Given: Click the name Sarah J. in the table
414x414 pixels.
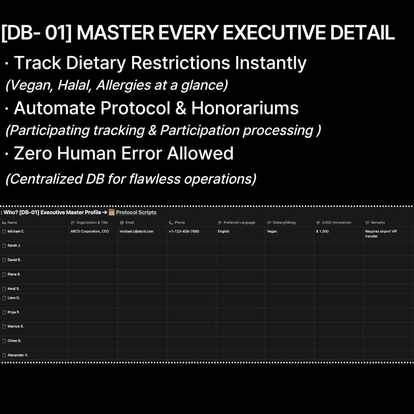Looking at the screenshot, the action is [x=14, y=246].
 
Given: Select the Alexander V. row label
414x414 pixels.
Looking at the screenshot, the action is [x=18, y=355].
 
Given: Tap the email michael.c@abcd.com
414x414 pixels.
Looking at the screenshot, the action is [x=136, y=231].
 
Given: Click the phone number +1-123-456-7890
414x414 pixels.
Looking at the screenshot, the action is [x=184, y=231].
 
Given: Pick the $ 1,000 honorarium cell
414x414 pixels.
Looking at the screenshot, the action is [x=323, y=231].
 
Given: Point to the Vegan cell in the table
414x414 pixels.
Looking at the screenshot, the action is [x=272, y=231].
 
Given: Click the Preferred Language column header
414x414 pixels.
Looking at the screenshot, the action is [x=239, y=222].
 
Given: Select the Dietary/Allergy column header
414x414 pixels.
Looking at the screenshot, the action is [x=284, y=222].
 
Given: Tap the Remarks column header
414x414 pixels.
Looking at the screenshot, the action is [x=378, y=222].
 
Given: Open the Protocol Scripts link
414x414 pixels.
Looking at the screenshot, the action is [x=136, y=212].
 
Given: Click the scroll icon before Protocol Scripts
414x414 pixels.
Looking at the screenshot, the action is [x=112, y=212].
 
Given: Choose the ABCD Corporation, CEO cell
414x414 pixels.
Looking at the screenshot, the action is [x=89, y=231].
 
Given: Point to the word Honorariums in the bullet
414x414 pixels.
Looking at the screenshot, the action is [x=245, y=108].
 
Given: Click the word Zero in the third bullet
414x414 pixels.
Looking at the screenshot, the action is [x=33, y=153].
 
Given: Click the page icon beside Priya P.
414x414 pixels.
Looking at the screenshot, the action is [x=4, y=312].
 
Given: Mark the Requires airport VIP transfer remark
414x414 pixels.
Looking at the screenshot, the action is [x=381, y=234].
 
